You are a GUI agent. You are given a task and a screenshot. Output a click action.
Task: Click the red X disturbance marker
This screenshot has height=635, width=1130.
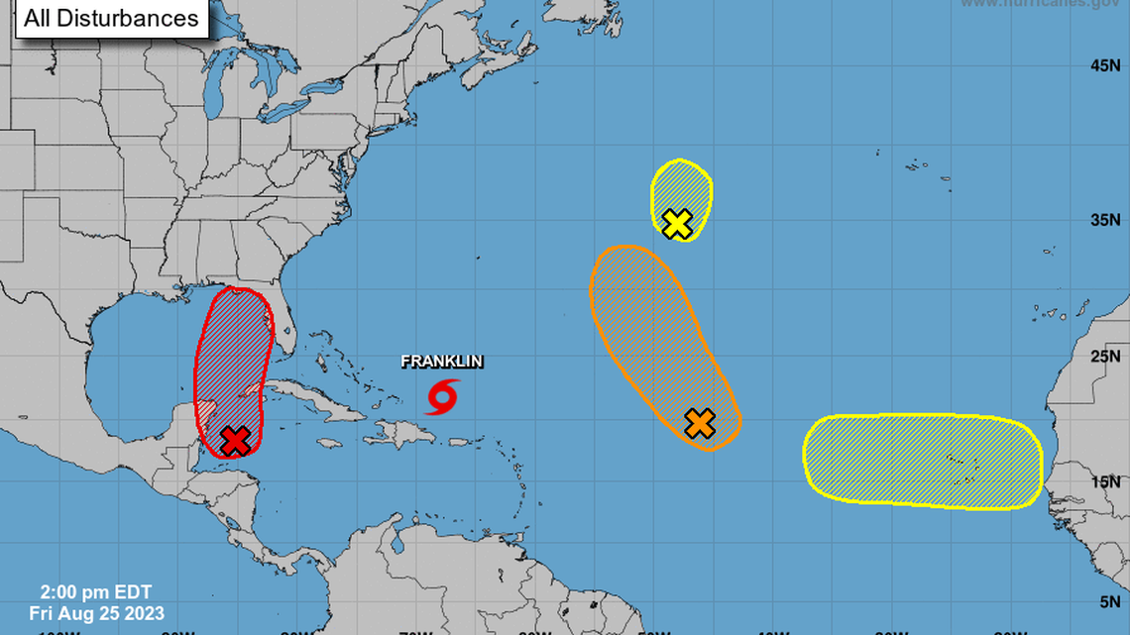[234, 440]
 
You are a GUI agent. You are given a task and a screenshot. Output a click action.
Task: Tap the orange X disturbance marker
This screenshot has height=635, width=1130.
[700, 423]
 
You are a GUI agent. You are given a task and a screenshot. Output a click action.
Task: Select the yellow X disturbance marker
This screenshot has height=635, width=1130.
[676, 224]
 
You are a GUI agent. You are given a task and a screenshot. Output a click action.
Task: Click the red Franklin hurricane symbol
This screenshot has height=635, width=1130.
[442, 395]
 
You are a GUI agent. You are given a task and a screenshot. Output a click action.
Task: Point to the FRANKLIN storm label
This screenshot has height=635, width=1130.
[442, 362]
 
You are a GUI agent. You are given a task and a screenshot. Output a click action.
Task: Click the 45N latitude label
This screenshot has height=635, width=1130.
[1104, 65]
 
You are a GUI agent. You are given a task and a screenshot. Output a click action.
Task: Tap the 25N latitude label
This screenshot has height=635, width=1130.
[1104, 357]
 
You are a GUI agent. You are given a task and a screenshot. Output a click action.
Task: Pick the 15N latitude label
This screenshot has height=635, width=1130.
[1104, 481]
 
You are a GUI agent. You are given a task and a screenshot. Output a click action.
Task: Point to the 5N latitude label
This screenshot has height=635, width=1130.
[1108, 600]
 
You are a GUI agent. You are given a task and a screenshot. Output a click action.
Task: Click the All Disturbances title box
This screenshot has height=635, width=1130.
[110, 18]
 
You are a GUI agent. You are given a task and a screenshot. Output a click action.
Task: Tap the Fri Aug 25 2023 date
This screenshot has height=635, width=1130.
[96, 614]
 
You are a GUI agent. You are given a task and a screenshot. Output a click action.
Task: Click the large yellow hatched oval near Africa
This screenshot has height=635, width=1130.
[922, 462]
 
